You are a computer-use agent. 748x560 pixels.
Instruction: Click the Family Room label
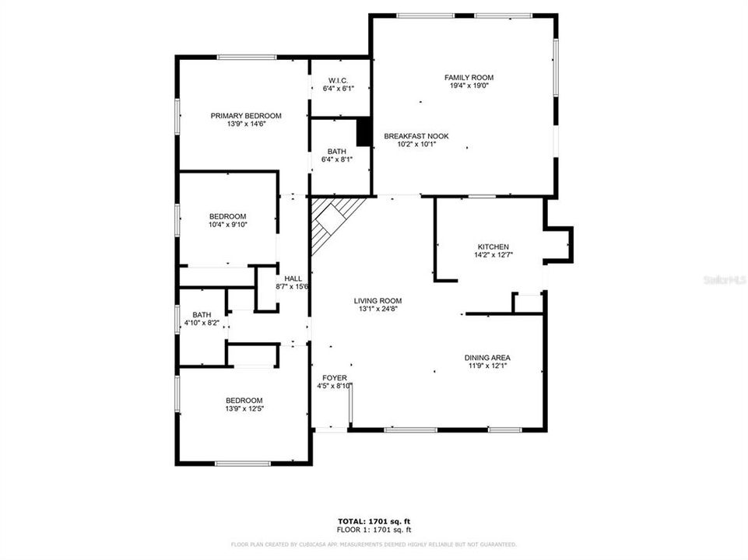[469, 77]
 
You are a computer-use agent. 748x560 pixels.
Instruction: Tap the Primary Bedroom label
[246, 116]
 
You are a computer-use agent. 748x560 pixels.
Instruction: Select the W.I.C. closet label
[338, 80]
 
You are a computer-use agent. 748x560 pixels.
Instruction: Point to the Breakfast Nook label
[416, 135]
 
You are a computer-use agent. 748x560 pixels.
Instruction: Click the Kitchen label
[493, 247]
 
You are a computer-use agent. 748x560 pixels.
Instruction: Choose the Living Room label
[378, 300]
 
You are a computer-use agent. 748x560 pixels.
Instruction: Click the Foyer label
[334, 378]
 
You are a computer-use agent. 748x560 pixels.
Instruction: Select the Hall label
[293, 278]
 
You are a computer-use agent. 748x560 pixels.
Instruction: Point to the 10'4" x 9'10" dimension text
[227, 226]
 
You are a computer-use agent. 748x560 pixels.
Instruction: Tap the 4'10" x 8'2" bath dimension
[202, 322]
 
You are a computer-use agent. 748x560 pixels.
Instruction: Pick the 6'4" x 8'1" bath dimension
[337, 160]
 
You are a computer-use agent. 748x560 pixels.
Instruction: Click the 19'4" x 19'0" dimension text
[469, 86]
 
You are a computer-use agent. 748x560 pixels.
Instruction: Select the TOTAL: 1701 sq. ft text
[373, 520]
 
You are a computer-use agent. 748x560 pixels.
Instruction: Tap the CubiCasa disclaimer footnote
[373, 544]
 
